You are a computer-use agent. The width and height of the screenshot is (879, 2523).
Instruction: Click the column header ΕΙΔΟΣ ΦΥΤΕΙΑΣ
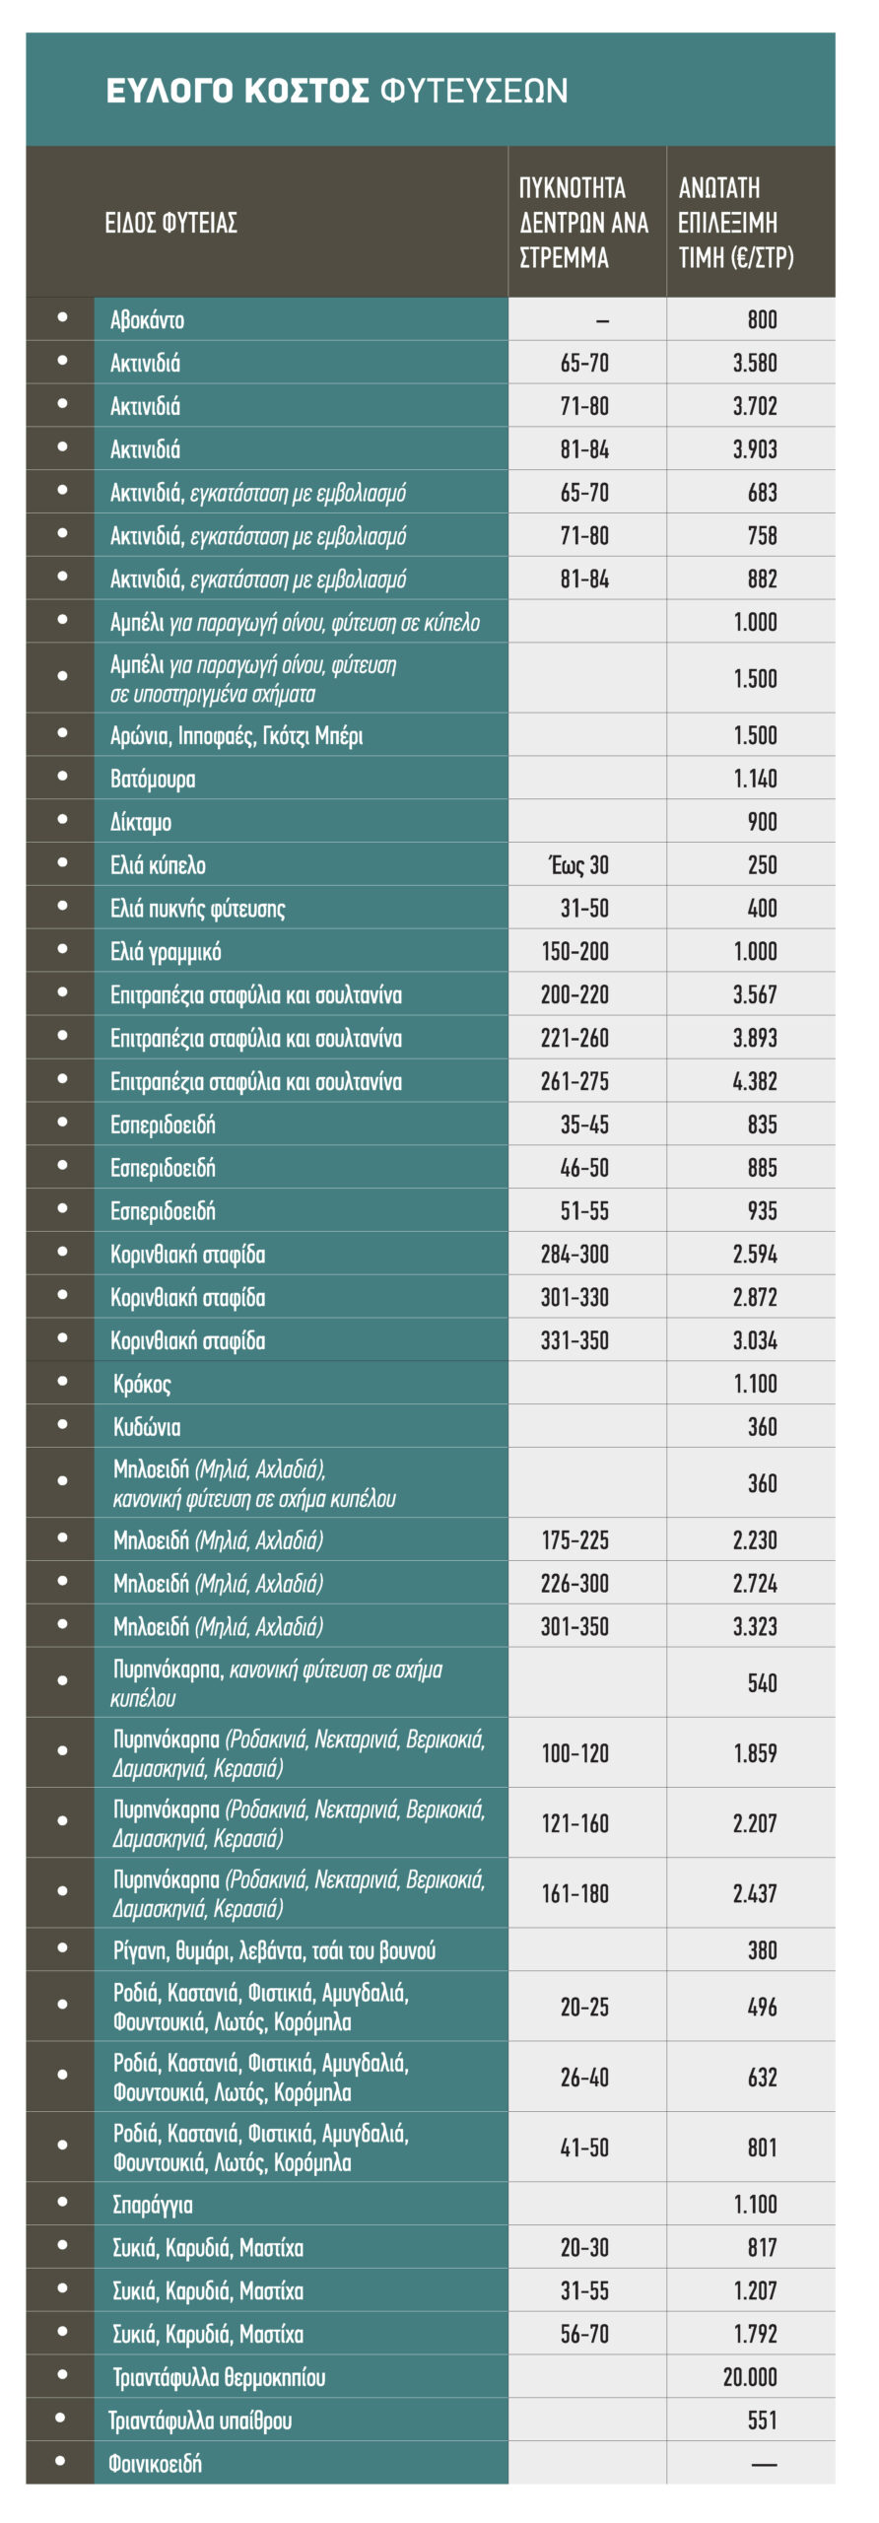click(x=171, y=223)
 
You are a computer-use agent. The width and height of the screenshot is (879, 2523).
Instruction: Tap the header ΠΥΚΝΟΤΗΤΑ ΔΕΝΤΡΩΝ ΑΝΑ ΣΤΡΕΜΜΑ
click(x=583, y=223)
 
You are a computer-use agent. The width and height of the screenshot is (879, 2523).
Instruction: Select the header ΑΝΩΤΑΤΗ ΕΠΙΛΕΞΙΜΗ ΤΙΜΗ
click(x=736, y=223)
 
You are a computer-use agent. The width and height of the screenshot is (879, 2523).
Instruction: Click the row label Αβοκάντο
click(x=148, y=319)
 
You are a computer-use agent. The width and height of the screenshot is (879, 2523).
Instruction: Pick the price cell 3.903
click(x=755, y=449)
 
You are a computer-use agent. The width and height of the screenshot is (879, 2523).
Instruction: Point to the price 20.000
click(x=750, y=2376)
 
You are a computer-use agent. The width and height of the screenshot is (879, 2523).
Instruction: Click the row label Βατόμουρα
click(x=153, y=779)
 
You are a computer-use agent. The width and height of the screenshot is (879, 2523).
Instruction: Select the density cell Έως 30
click(x=578, y=865)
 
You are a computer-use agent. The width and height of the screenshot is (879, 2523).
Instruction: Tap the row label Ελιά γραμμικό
click(x=166, y=952)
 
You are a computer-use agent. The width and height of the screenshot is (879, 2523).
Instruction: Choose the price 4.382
click(x=755, y=1081)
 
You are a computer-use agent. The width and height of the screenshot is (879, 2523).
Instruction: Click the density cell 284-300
click(x=575, y=1255)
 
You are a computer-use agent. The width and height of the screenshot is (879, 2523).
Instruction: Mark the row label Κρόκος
click(x=142, y=1384)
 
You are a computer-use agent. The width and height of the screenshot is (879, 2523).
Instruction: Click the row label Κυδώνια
click(x=147, y=1427)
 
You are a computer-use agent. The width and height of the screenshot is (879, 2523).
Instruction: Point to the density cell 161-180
click(x=575, y=1893)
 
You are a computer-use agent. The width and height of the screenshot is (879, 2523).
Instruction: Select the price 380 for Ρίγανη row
click(x=762, y=1950)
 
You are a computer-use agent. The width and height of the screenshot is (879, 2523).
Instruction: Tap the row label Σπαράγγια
click(x=153, y=2205)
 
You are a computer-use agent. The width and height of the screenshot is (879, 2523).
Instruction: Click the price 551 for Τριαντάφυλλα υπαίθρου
click(x=762, y=2420)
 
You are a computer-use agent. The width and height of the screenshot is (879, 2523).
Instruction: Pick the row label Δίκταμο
click(x=141, y=822)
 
